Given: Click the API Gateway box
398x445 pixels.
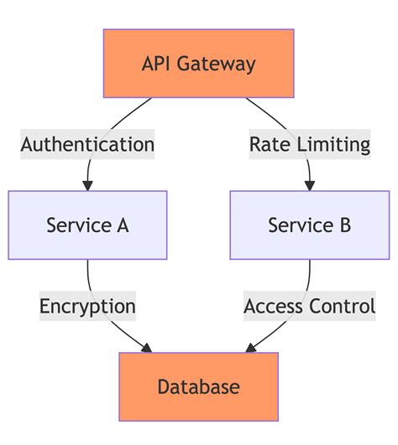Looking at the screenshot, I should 198,64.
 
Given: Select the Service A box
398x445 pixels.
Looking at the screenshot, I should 87,225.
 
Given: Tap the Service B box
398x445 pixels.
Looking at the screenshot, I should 309,225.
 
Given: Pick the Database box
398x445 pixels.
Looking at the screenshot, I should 198,386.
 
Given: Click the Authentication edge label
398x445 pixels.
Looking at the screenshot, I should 87,144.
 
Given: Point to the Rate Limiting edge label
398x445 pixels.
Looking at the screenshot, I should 309,144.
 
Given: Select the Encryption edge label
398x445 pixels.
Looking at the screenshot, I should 87,306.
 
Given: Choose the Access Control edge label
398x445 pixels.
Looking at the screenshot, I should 309,306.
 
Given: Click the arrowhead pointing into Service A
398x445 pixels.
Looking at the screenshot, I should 87,185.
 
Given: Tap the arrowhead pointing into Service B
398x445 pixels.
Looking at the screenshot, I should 309,185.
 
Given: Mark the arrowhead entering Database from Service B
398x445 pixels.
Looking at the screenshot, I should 249,348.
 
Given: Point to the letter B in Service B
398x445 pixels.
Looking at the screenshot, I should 344,225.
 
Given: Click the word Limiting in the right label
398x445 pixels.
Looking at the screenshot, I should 332,144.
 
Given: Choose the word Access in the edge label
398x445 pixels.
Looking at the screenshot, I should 274,306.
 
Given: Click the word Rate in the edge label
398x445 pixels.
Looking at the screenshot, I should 268,144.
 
